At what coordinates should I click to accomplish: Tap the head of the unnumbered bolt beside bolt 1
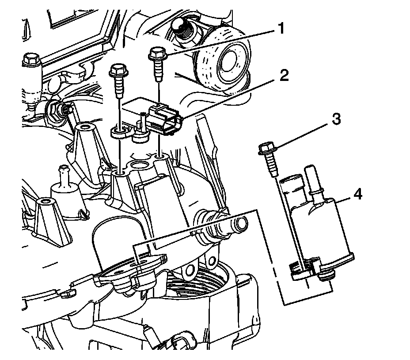click(x=118, y=70)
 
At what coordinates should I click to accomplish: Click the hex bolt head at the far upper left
click(x=31, y=58)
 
